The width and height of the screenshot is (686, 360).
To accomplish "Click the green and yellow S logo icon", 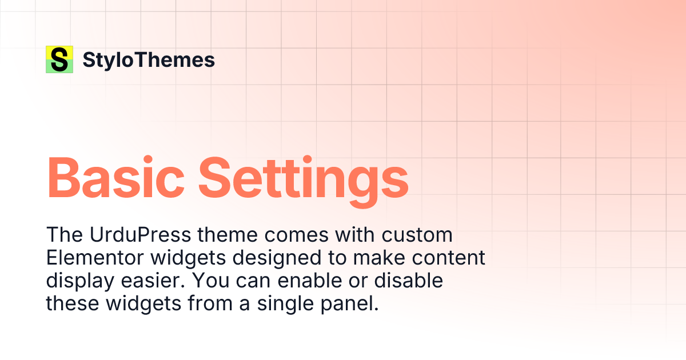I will click(59, 59).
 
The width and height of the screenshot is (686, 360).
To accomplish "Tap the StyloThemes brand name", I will click(149, 60).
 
